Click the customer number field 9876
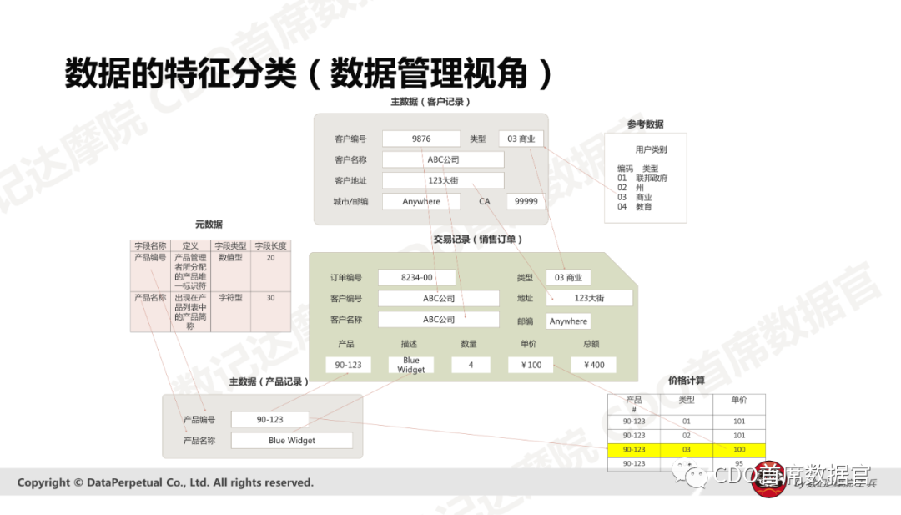coord(421,139)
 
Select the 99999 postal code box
coord(526,201)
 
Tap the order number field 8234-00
coord(416,278)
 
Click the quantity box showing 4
coord(471,365)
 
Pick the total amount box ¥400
coord(593,365)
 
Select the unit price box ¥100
coord(530,365)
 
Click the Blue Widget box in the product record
coord(292,440)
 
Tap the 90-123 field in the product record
coord(269,419)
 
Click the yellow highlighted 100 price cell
coord(739,450)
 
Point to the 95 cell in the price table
coord(739,463)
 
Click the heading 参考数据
coord(646,124)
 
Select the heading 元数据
coord(209,225)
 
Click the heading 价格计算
coord(686,381)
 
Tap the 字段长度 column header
coord(270,246)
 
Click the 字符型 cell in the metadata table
coord(230,297)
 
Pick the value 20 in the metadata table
coord(270,258)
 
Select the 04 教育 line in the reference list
coord(635,206)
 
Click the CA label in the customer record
coord(485,201)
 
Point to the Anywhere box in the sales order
coord(568,321)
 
